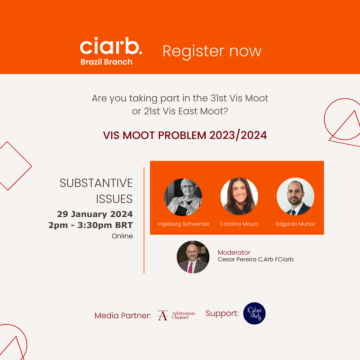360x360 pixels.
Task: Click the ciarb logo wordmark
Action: pos(111,46)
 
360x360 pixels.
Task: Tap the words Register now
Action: pos(212,51)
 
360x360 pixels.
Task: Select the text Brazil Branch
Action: pos(107,62)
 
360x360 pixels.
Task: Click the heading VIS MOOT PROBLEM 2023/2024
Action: pos(185,135)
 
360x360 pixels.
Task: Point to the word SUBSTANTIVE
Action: pos(96,183)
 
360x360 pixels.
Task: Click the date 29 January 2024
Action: pos(95,214)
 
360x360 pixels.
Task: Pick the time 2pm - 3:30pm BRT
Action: pos(91,225)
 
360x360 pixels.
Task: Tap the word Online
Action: pos(122,236)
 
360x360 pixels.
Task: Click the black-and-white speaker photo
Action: pos(183,197)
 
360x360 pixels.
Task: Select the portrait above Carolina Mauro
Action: pos(239,197)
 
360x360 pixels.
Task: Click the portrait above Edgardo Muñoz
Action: pos(295,197)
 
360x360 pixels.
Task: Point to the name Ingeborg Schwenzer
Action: pos(184,224)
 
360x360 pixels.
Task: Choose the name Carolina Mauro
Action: pos(239,224)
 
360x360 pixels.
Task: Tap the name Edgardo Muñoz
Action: pos(295,224)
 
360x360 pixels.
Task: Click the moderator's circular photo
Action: pos(193,257)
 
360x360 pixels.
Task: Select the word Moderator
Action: pos(234,253)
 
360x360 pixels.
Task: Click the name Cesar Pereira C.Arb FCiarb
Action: pos(256,259)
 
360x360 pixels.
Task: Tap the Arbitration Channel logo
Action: pos(176,315)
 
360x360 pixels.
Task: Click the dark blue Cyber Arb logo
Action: pos(254,313)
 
